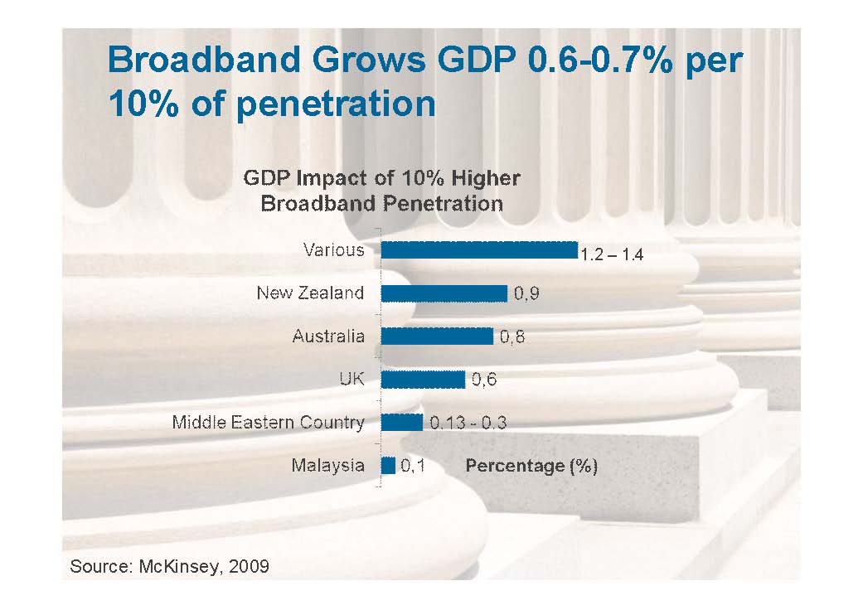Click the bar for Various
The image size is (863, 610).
tap(478, 249)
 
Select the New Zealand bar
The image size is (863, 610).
tap(444, 293)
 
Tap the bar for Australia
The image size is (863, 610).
tap(437, 336)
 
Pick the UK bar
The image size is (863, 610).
tap(423, 379)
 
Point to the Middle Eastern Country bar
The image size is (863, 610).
tap(402, 422)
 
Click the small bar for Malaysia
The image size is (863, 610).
tap(388, 465)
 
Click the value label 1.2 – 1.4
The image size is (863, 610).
tap(612, 255)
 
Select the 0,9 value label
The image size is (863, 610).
tap(527, 293)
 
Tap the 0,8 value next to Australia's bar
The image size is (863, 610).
tap(512, 336)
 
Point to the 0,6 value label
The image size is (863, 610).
tap(483, 380)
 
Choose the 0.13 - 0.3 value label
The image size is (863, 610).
tap(468, 423)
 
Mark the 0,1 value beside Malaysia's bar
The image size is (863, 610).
tap(413, 466)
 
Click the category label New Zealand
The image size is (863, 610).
tap(310, 293)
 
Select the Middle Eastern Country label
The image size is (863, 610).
tap(268, 423)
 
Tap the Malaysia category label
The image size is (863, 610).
tap(327, 466)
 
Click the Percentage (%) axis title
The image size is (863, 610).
tap(531, 466)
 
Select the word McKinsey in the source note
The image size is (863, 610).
tap(172, 567)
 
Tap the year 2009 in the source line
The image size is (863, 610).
tap(247, 567)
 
